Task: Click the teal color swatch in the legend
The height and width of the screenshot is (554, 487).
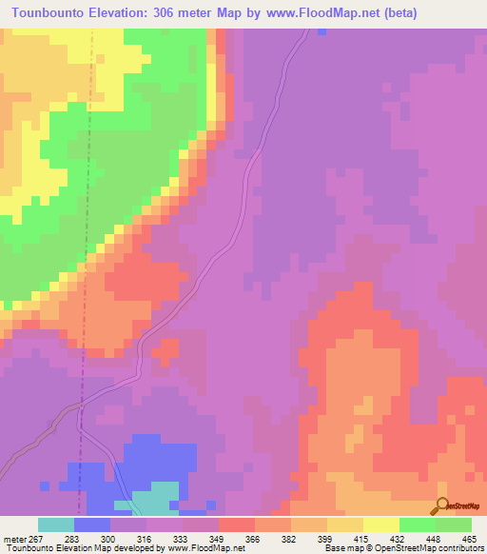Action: [x=56, y=524]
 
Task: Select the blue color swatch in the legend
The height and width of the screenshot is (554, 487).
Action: [x=92, y=524]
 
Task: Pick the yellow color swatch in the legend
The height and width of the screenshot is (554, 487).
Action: [x=381, y=524]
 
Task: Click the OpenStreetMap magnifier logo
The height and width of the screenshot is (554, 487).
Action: [x=443, y=507]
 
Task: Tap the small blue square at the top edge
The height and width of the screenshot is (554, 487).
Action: [x=322, y=31]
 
